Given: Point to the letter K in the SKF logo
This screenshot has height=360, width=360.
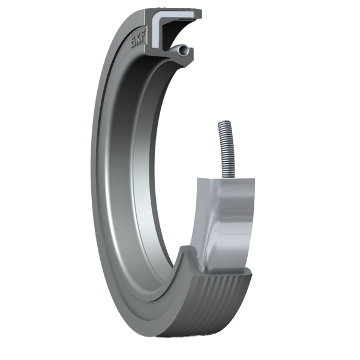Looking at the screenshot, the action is click(x=139, y=38).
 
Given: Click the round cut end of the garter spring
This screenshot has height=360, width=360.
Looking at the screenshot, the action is click(x=184, y=50).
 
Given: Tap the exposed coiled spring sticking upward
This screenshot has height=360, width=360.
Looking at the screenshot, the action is click(x=226, y=149).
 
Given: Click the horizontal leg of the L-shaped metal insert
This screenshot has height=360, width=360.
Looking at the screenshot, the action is click(x=177, y=14).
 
